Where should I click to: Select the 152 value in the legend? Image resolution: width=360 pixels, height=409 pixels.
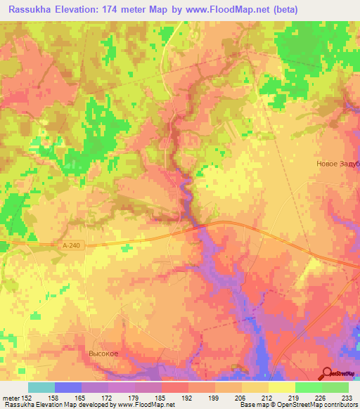tap(28, 398)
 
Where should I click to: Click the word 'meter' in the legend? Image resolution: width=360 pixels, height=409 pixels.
tap(11, 398)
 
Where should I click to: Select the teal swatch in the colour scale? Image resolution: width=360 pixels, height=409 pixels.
tap(41, 387)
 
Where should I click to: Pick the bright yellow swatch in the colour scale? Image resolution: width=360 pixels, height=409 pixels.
tap(281, 387)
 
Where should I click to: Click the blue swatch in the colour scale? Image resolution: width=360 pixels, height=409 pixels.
tap(67, 387)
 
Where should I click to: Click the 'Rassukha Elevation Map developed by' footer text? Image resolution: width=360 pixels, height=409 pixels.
tap(51, 405)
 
